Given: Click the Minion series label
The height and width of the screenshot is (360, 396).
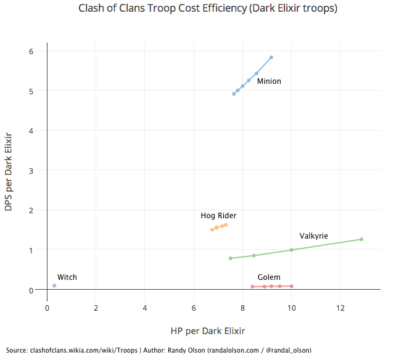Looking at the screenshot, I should click(x=269, y=81).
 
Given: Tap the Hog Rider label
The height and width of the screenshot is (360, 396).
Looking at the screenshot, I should click(x=218, y=216).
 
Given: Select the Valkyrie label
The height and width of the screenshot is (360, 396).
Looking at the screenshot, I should click(x=313, y=236).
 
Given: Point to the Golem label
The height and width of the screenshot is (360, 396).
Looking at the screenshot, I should click(x=269, y=277).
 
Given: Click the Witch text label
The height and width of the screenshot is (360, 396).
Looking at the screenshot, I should click(x=67, y=277).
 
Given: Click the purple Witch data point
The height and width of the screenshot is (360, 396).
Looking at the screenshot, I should click(x=54, y=285).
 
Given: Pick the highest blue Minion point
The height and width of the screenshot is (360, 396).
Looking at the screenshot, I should click(x=271, y=57).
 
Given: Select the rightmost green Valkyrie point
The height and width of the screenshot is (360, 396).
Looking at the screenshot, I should click(x=361, y=239).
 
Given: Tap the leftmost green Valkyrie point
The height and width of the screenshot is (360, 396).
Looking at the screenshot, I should click(x=230, y=258).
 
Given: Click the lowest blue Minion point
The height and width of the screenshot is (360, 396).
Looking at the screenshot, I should click(x=234, y=94).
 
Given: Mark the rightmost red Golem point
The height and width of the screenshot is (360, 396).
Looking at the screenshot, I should click(x=291, y=286).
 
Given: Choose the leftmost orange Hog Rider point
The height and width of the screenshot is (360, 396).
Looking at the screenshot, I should click(x=212, y=229).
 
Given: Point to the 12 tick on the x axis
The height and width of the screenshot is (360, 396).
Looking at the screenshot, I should click(x=340, y=308).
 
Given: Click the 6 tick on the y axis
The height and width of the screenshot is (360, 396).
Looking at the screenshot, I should click(x=38, y=51).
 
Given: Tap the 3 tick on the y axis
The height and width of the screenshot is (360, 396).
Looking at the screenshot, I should click(x=38, y=170).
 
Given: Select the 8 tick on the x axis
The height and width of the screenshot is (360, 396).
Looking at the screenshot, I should click(x=243, y=308).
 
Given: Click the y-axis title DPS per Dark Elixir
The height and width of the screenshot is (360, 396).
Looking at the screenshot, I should click(x=9, y=171).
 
